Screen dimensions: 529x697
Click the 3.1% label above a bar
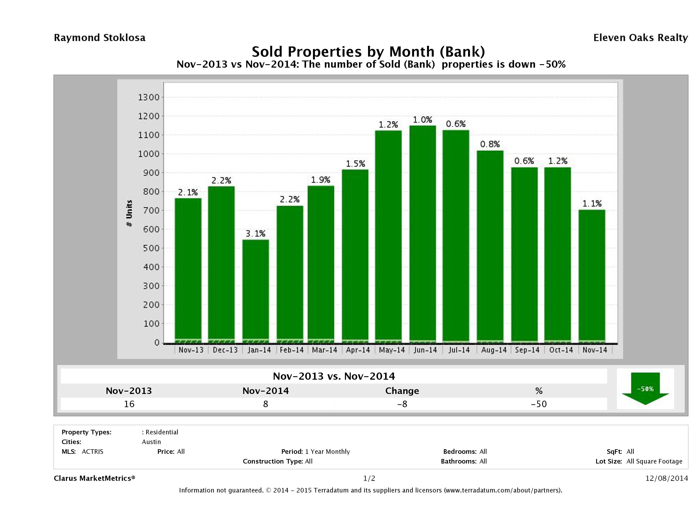point(256,234)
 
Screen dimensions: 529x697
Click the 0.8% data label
point(490,144)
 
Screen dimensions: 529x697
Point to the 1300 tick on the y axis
point(149,97)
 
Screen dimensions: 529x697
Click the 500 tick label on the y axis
point(149,248)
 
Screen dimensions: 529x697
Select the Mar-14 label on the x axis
point(325,350)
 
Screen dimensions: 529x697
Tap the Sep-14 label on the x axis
point(527,350)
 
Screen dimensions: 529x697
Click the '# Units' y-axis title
point(129,214)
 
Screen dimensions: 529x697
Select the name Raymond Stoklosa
point(100,38)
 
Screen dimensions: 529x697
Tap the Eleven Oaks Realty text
point(640,38)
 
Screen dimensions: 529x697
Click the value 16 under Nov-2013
point(129,404)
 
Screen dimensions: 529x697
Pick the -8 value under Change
point(402,404)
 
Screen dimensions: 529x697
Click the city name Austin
point(151,442)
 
